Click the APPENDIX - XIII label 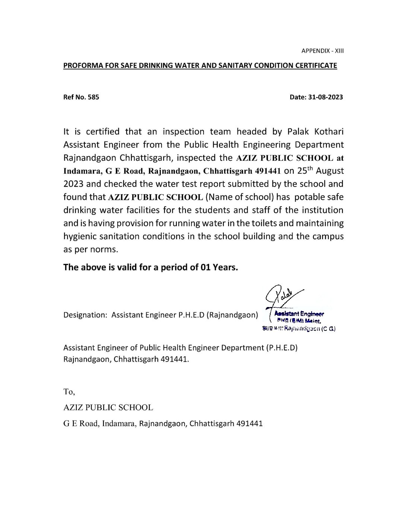click(322, 51)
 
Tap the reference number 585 click(93, 98)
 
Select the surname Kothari click(326, 132)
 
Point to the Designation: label click(85, 315)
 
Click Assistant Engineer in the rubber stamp click(299, 314)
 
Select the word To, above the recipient click(69, 392)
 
